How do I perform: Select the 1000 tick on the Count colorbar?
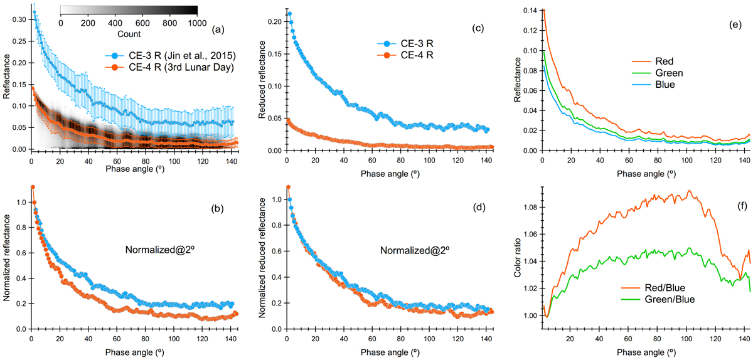(197, 22)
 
